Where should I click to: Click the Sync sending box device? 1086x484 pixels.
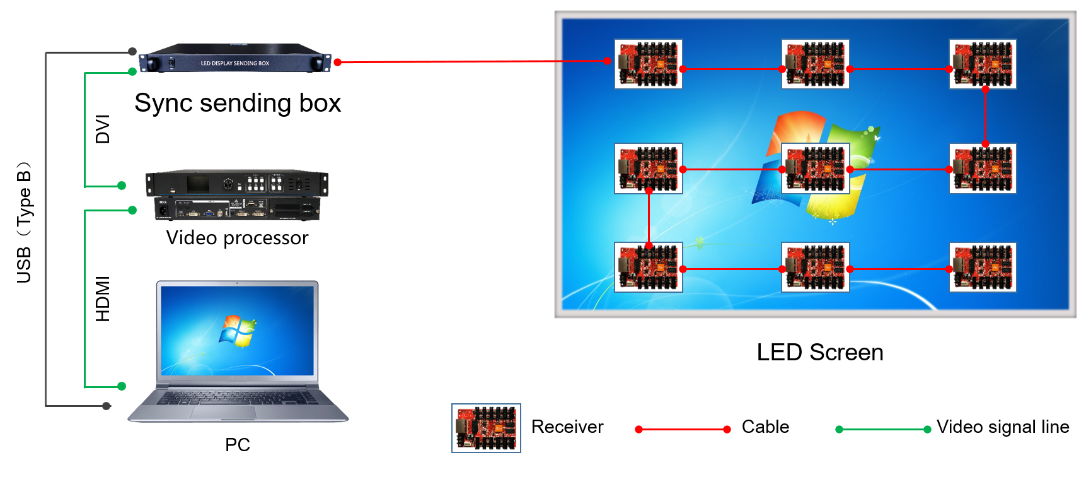tap(234, 59)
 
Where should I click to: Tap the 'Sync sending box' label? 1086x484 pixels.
tap(238, 103)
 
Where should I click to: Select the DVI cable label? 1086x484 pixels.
tap(102, 129)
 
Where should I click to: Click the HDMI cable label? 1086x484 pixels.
tap(102, 298)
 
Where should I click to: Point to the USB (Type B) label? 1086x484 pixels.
tap(24, 223)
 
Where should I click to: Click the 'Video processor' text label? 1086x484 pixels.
tap(237, 238)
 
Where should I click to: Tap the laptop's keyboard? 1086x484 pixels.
tap(238, 398)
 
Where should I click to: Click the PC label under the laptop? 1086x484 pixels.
tap(238, 445)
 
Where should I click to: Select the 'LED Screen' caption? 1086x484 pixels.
tap(819, 352)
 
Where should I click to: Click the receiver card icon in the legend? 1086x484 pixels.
tap(486, 428)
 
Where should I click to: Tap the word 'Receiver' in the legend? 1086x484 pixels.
tap(567, 427)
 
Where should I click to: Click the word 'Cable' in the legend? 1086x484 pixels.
tap(765, 427)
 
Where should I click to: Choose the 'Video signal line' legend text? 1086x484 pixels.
tap(1002, 427)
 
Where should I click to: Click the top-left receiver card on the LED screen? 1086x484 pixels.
tap(648, 64)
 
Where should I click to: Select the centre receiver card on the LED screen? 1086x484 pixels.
tap(815, 168)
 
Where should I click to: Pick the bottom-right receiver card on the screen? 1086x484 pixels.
tap(982, 267)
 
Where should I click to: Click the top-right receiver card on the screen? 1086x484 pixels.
tap(982, 64)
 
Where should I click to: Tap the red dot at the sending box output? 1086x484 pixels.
tap(338, 62)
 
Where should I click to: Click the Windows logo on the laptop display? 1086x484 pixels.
tap(238, 331)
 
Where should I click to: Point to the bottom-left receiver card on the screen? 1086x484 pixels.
tap(648, 267)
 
